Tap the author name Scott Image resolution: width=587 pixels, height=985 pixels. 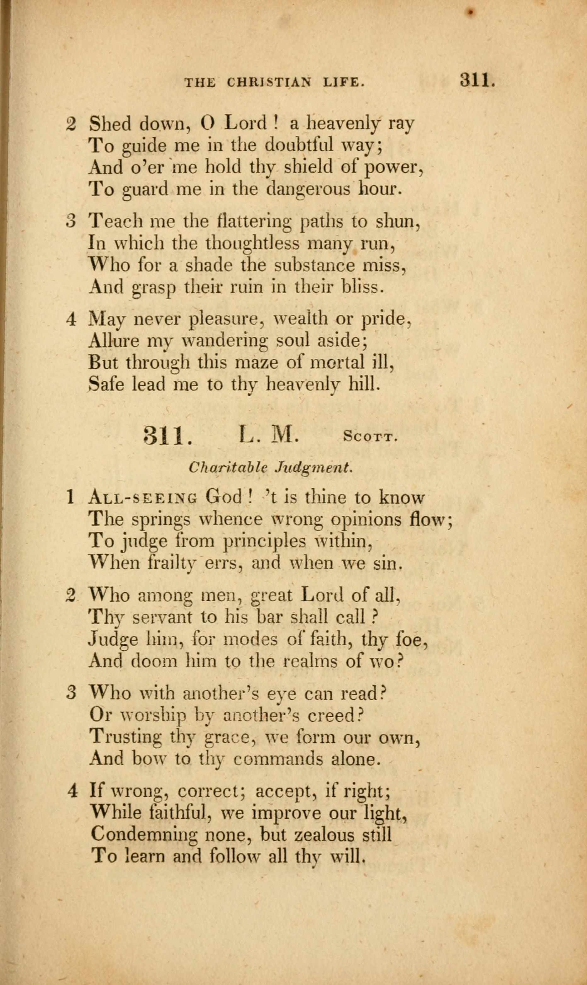tap(370, 437)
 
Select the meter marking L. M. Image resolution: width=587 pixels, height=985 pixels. tap(268, 435)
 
